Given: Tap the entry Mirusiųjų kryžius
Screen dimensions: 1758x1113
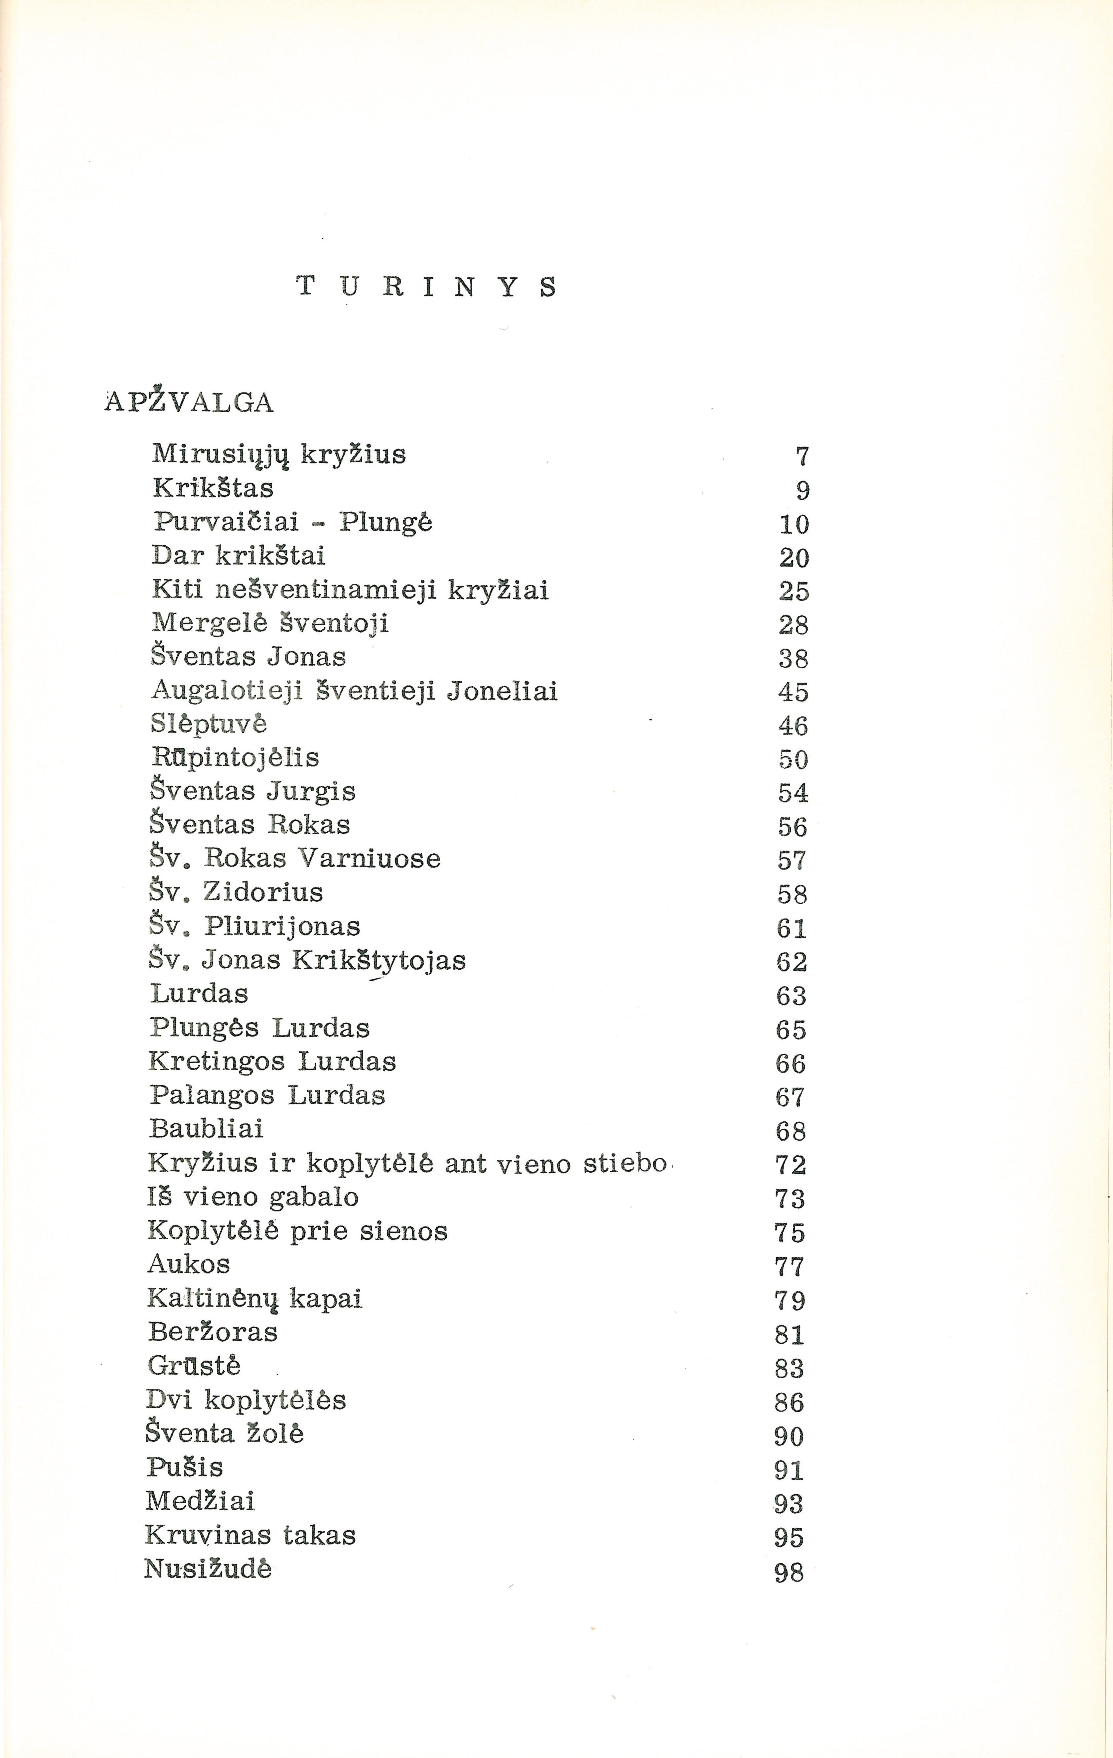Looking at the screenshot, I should point(279,455).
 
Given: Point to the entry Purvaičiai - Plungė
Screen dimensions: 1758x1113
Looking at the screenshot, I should point(293,523).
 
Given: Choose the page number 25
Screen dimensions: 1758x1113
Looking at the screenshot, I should point(794,591).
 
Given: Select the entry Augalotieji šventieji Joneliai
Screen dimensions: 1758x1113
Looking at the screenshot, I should point(355,691).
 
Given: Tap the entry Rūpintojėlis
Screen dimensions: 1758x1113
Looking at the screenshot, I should point(235,758).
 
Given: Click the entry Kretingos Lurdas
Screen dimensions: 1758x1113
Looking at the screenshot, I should point(272,1062).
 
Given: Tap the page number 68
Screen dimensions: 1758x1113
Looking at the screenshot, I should point(791,1131).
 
